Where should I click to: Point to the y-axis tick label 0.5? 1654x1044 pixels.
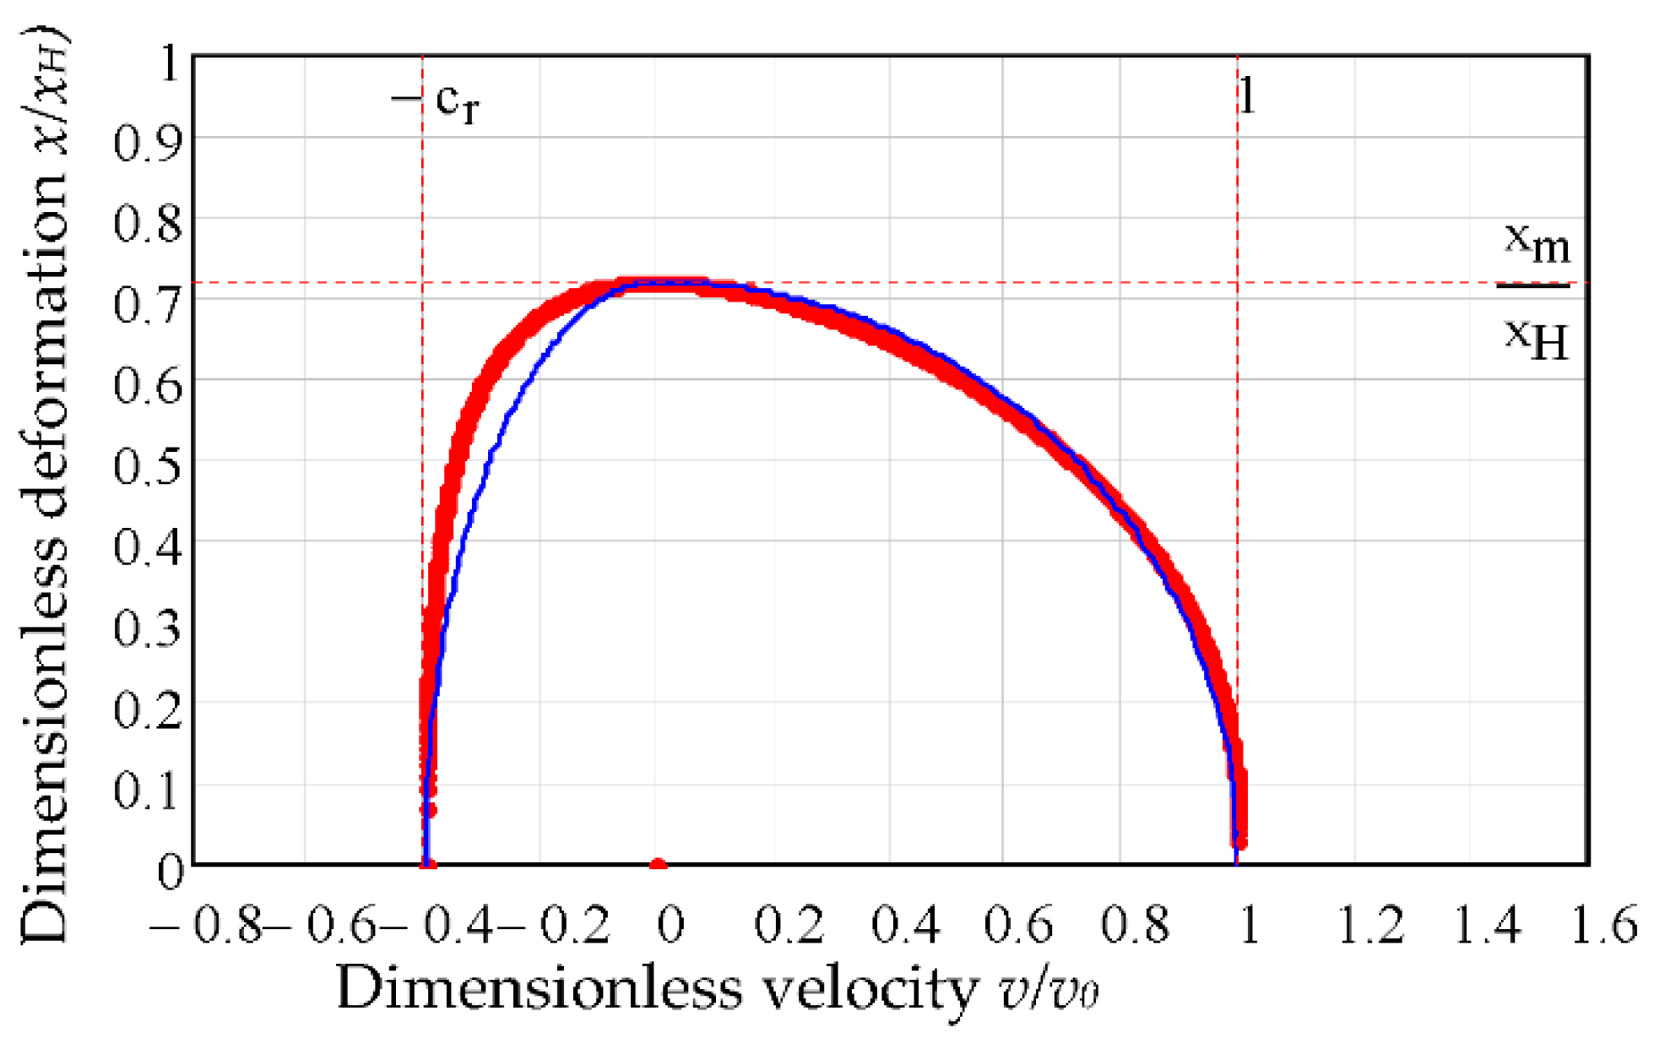148,464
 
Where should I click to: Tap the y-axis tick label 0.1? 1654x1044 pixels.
148,789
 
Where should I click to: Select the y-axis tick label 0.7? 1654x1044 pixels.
148,302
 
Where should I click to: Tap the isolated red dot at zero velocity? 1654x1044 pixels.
659,864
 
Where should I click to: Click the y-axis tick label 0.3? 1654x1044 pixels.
148,627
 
